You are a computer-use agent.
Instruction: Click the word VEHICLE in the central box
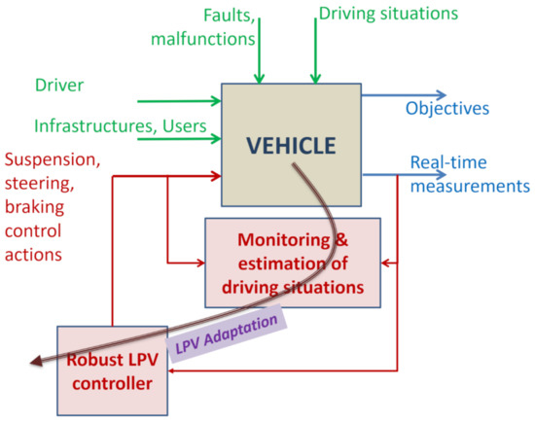(x=291, y=147)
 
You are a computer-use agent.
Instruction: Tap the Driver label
(x=60, y=86)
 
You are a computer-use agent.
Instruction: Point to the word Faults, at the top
(x=230, y=16)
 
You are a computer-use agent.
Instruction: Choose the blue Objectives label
(x=448, y=108)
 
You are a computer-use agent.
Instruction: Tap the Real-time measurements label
(x=468, y=173)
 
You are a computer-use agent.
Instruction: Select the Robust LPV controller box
(x=111, y=370)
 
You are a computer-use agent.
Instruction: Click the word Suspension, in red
(x=51, y=158)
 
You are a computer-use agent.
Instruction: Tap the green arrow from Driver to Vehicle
(x=180, y=99)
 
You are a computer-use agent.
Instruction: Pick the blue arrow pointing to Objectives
(x=403, y=95)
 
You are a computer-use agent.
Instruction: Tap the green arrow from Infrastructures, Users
(x=180, y=139)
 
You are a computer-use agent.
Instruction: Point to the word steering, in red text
(x=36, y=184)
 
